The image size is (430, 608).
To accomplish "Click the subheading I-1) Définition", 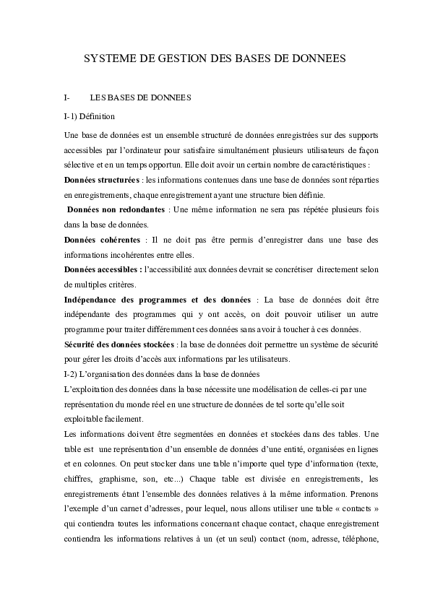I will click(90, 116).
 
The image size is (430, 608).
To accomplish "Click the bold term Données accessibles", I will click(102, 269).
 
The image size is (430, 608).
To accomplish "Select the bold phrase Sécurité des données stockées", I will click(119, 344).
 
